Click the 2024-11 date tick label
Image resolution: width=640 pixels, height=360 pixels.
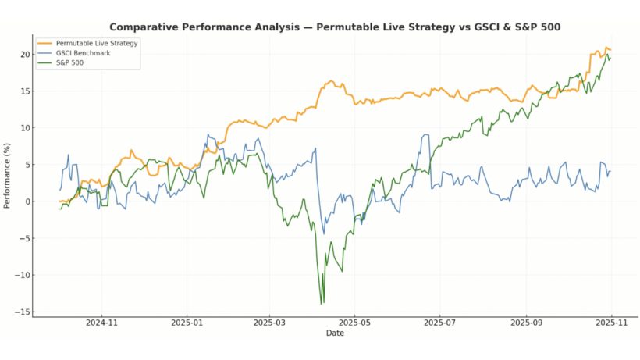[101, 321]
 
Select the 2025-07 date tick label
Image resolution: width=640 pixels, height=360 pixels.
[439, 321]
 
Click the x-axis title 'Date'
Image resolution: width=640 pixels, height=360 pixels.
[335, 333]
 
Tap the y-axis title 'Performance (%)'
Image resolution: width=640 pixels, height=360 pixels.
[7, 176]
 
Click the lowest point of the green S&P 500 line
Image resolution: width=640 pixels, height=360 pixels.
[321, 303]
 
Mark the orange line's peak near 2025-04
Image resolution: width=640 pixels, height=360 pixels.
[331, 80]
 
